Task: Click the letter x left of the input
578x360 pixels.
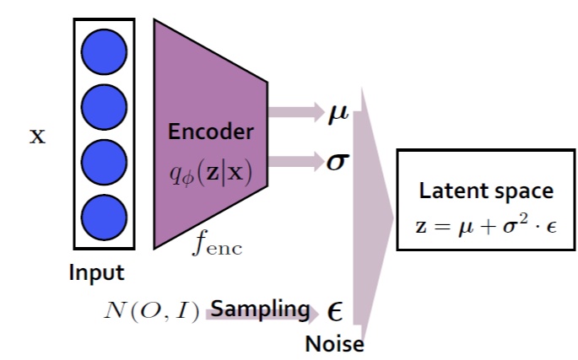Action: point(37,136)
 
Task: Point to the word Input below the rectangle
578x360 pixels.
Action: point(97,272)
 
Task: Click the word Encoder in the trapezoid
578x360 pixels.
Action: point(211,132)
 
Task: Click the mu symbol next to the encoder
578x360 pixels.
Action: point(338,113)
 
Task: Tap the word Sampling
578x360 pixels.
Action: point(260,309)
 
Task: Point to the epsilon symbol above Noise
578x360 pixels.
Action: point(335,313)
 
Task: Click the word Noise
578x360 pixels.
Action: point(334,344)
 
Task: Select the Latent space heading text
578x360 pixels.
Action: point(487,191)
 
